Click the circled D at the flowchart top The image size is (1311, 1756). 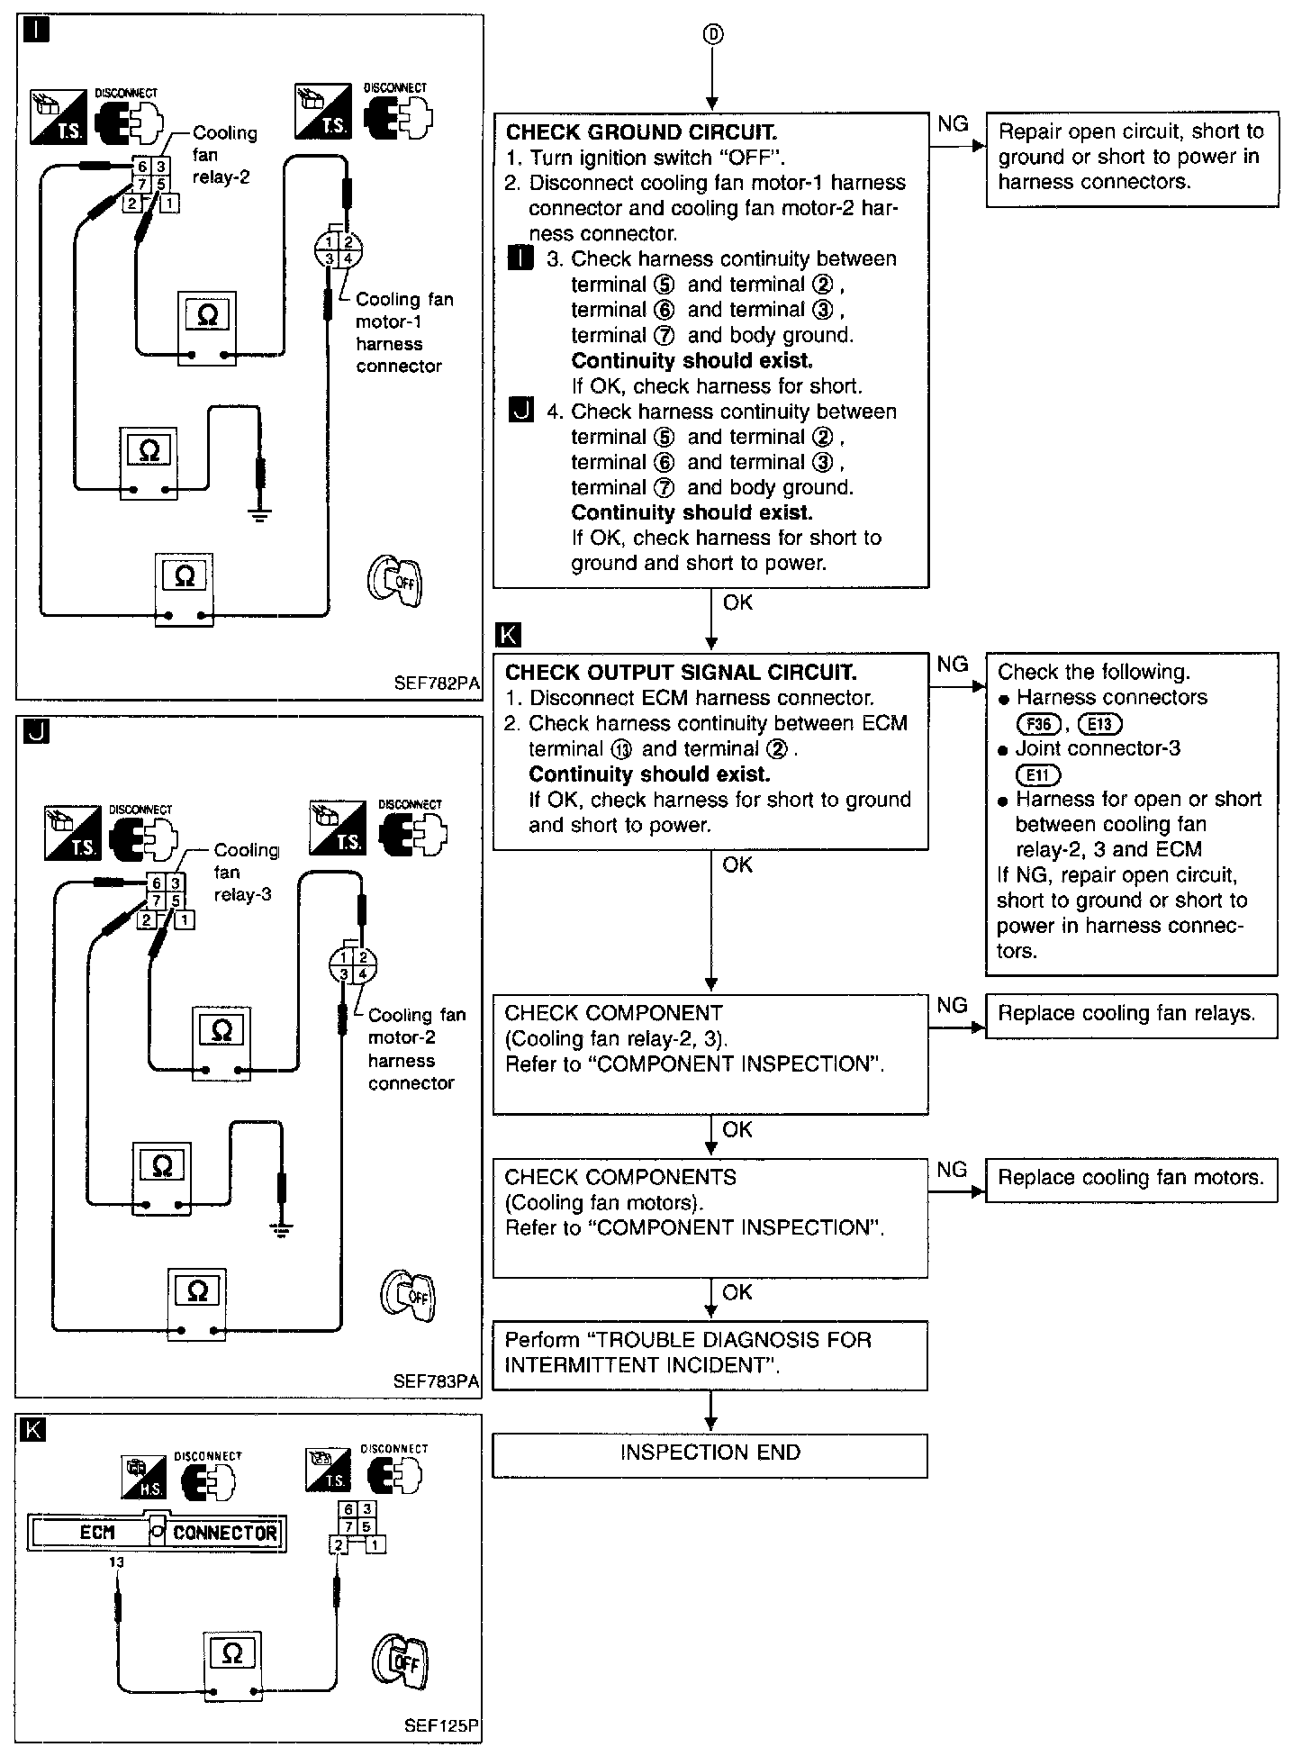click(x=711, y=34)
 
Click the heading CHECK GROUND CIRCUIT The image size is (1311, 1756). click(x=641, y=132)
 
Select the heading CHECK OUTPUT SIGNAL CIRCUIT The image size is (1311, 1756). click(x=681, y=673)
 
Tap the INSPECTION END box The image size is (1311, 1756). click(x=710, y=1453)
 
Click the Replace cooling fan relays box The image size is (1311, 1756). click(x=1131, y=1014)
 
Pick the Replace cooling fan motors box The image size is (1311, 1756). click(x=1131, y=1178)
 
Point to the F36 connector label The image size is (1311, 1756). click(x=1038, y=723)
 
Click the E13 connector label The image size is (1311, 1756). click(x=1099, y=723)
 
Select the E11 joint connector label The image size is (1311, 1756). click(x=1038, y=774)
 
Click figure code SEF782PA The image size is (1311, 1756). click(x=437, y=683)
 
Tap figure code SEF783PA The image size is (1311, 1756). click(x=437, y=1381)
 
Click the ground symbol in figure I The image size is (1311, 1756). click(x=261, y=514)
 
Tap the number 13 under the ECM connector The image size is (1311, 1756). click(x=116, y=1563)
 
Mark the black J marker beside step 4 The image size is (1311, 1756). click(x=521, y=412)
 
